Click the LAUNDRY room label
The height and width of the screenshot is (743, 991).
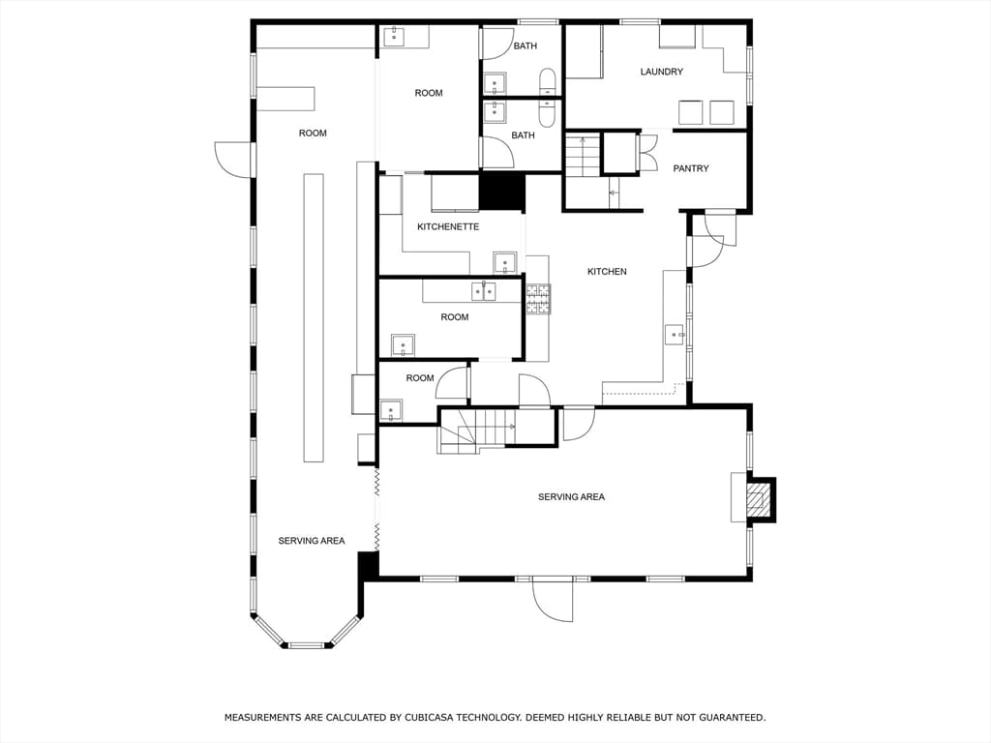coord(661,72)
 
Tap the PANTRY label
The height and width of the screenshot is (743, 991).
coord(691,168)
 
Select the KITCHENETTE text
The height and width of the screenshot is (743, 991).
coord(448,226)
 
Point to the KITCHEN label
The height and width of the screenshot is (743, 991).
coord(607,271)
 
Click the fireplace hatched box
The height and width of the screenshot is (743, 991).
coord(759,500)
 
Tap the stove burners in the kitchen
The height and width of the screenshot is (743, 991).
coord(538,299)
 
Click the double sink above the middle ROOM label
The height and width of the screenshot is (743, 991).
coord(484,292)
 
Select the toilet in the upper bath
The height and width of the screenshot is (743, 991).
coord(548,83)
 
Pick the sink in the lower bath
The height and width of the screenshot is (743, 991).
coord(495,112)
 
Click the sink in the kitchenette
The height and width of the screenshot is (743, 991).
coord(505,262)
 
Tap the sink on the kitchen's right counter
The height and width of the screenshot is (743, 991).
coord(676,334)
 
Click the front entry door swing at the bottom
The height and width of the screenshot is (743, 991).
coord(552,598)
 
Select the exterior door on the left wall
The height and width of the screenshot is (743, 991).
coord(233,159)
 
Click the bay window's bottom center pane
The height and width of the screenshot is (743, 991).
coord(306,645)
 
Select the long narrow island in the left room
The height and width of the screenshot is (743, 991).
coord(314,317)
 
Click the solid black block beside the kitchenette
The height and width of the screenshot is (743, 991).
coord(502,192)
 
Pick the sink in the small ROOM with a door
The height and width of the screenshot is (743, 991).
coord(391,410)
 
